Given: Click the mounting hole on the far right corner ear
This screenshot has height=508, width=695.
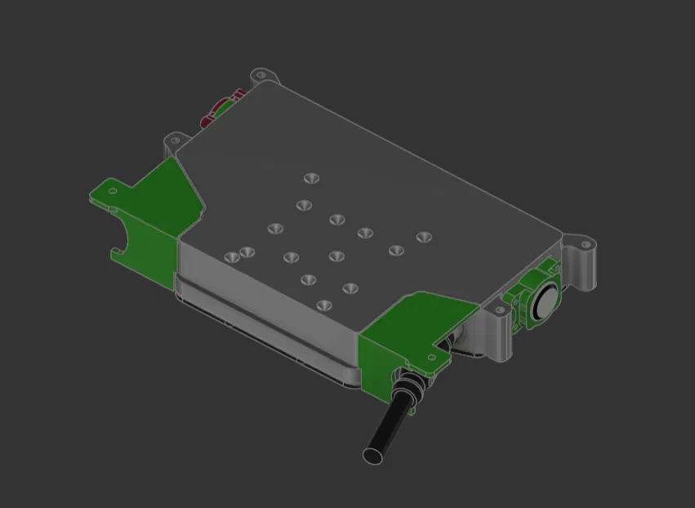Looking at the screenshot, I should pos(585,243).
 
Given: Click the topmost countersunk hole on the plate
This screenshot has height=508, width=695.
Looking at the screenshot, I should pos(310,177).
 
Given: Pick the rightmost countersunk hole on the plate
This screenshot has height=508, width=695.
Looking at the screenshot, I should pos(422,238).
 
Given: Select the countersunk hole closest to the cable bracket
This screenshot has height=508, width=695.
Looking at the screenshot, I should pos(324,305).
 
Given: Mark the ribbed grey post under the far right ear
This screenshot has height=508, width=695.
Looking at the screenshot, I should pos(586,269).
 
